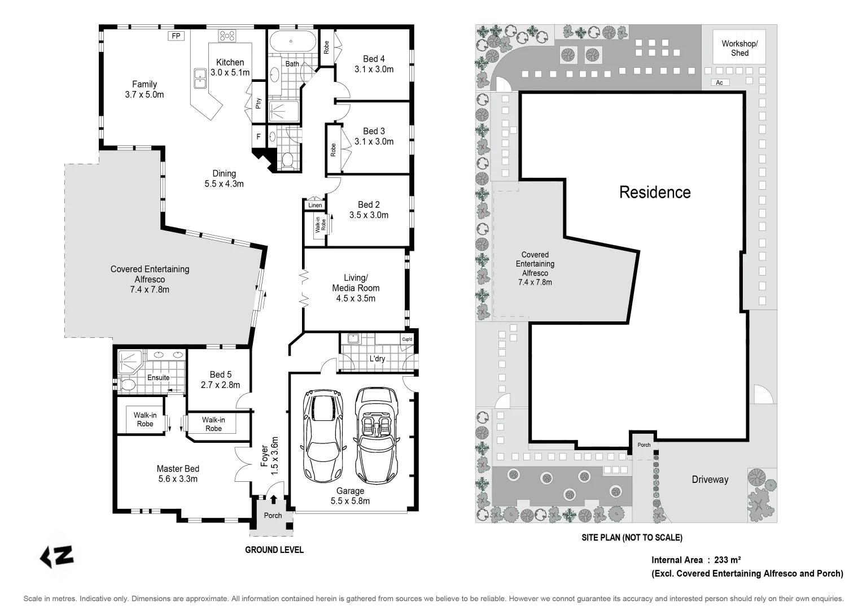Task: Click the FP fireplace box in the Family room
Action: click(x=176, y=36)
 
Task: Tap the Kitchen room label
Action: click(x=230, y=63)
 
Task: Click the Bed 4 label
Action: click(x=374, y=59)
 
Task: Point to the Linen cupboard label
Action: click(x=315, y=205)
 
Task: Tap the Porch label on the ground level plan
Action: click(x=273, y=515)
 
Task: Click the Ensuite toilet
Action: click(x=128, y=385)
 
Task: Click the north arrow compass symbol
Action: click(x=57, y=556)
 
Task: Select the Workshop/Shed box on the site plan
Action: click(x=740, y=48)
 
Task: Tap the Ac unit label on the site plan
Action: click(x=719, y=82)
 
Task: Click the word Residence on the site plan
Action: click(x=655, y=193)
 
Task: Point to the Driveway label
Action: click(x=710, y=480)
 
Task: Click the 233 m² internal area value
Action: click(x=727, y=560)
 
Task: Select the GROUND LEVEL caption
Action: click(x=274, y=550)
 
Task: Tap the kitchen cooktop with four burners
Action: click(x=227, y=36)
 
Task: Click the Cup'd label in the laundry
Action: click(x=406, y=339)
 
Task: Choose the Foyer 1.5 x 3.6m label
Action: click(x=269, y=455)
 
